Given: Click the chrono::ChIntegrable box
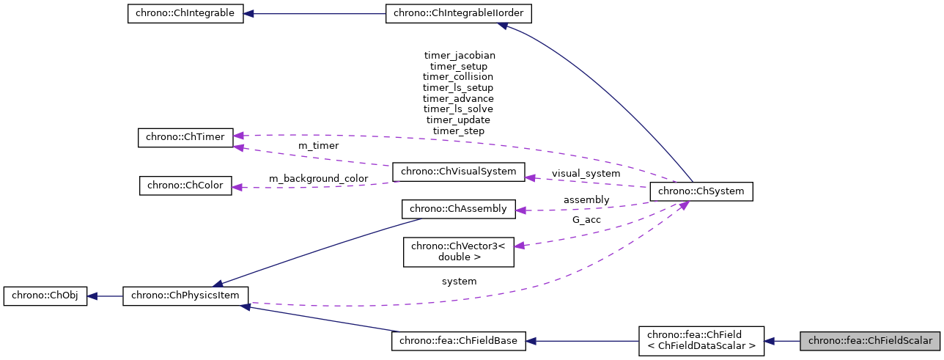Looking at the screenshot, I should (185, 14).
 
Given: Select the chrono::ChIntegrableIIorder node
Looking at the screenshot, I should (459, 14).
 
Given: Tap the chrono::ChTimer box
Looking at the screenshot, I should (185, 136).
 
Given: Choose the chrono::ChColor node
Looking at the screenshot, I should (185, 185).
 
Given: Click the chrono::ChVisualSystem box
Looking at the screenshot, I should (458, 172).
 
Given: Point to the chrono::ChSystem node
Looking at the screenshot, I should (701, 191).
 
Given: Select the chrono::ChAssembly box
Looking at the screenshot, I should (458, 209).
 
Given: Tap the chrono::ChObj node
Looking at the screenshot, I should (45, 296).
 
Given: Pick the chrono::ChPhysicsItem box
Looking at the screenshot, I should (185, 296).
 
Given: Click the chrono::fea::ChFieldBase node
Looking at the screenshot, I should (458, 341).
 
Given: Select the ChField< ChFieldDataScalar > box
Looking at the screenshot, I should (701, 341).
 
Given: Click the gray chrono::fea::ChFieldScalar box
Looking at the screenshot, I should (869, 341).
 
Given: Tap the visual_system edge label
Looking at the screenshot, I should (586, 174).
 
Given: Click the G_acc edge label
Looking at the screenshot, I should (586, 219).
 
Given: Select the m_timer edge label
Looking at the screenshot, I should (318, 146).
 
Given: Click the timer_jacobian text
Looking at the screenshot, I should (460, 55).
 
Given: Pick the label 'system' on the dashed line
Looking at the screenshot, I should (459, 281).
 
